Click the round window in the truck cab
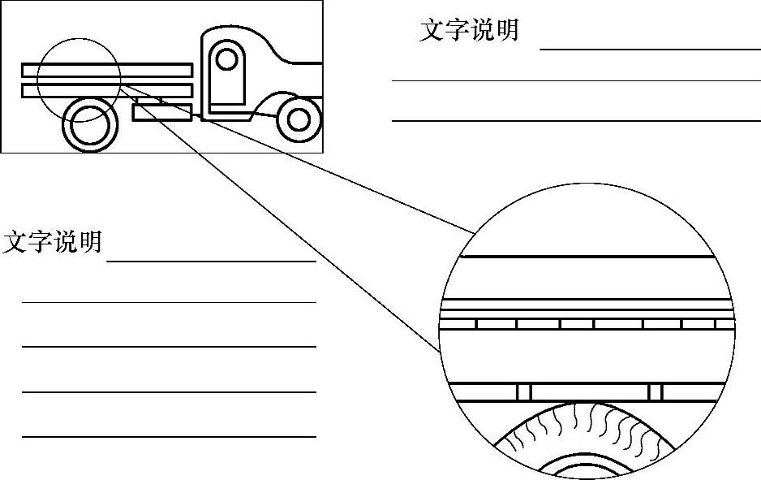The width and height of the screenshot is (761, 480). click(227, 59)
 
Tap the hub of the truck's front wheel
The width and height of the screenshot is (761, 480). click(299, 119)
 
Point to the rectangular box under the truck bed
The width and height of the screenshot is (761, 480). click(162, 113)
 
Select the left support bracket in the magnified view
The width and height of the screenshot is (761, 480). click(523, 392)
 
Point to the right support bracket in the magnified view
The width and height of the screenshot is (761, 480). click(656, 392)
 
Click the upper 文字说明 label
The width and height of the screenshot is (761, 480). click(469, 30)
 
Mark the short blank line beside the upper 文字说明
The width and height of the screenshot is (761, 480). click(649, 50)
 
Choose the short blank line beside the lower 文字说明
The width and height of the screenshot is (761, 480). click(211, 262)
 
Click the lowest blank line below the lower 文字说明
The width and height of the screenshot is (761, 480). click(169, 437)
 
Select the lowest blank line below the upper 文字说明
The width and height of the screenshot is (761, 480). click(576, 121)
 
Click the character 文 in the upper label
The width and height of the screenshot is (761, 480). click(432, 30)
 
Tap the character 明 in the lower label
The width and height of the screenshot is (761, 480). click(91, 242)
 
